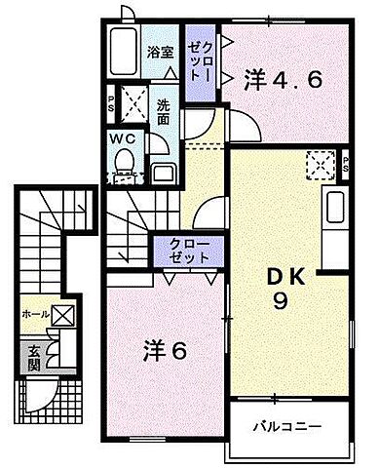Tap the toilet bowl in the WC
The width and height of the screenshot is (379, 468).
click(x=123, y=171)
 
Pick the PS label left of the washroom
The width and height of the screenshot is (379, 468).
click(x=111, y=100)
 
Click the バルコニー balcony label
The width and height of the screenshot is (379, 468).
click(x=289, y=427)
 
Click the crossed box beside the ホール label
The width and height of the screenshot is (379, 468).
click(x=61, y=314)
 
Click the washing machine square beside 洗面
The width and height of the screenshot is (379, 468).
click(x=136, y=102)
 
